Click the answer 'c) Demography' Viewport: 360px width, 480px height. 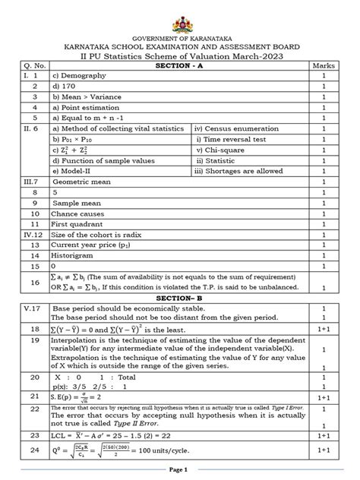point(72,77)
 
